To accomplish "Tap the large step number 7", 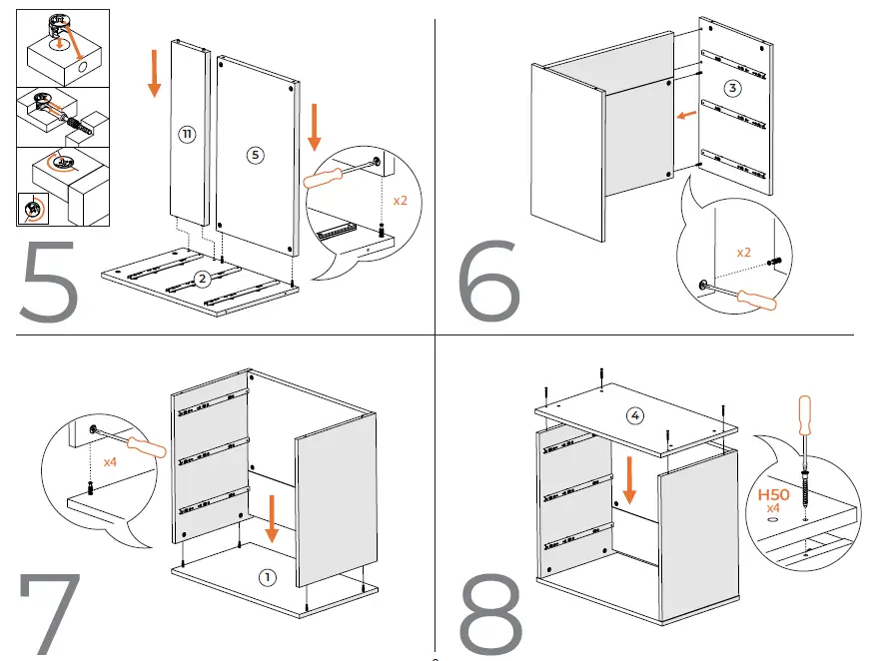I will [49, 613].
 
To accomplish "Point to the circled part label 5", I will [255, 155].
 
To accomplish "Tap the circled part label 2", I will [203, 279].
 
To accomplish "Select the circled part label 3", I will [733, 89].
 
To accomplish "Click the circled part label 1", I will [266, 576].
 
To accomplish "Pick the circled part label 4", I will [635, 414].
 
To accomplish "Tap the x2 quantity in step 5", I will [401, 201].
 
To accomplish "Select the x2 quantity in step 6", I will [743, 253].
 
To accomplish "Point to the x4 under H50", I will [773, 509].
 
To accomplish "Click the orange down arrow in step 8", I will [629, 481].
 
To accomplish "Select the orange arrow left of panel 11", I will [155, 75].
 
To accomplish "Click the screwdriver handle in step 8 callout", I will [803, 418].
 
